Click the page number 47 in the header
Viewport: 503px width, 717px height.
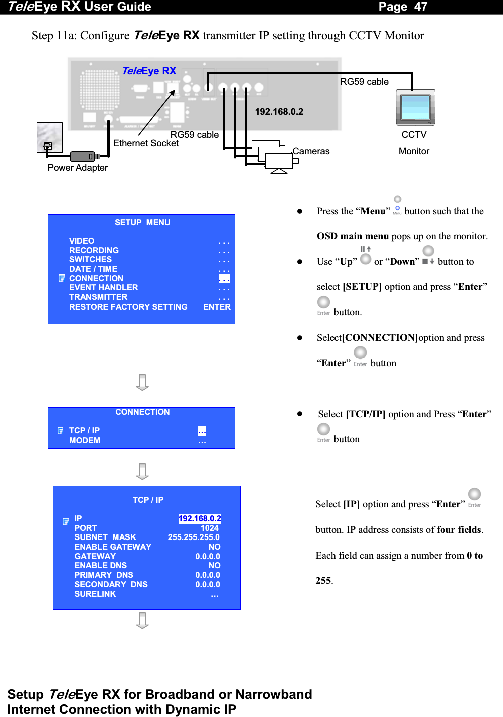[420, 7]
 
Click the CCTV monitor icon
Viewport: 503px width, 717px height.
[415, 108]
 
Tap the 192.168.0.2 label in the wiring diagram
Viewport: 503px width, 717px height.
[279, 112]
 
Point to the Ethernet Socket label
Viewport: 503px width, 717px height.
[146, 143]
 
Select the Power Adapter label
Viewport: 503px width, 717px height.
[78, 168]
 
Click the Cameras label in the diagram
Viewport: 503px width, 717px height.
[311, 151]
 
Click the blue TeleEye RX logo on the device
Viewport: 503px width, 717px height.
[149, 71]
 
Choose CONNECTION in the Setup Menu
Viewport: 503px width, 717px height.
[96, 278]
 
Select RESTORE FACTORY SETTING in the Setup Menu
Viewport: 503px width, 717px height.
[128, 307]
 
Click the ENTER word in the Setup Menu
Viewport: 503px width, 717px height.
[217, 307]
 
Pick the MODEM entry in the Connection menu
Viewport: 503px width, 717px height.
[85, 440]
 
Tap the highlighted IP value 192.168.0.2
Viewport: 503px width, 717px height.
[200, 518]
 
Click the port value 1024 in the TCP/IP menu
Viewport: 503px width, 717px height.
[209, 528]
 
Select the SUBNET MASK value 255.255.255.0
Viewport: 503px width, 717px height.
[194, 537]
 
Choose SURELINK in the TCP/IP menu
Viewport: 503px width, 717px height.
[95, 594]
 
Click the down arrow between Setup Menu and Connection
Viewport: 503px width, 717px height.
[142, 382]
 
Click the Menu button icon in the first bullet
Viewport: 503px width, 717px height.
[397, 209]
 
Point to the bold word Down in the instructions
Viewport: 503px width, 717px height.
[402, 262]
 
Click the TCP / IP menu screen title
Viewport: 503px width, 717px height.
[148, 500]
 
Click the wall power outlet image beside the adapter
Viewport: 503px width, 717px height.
[50, 137]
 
